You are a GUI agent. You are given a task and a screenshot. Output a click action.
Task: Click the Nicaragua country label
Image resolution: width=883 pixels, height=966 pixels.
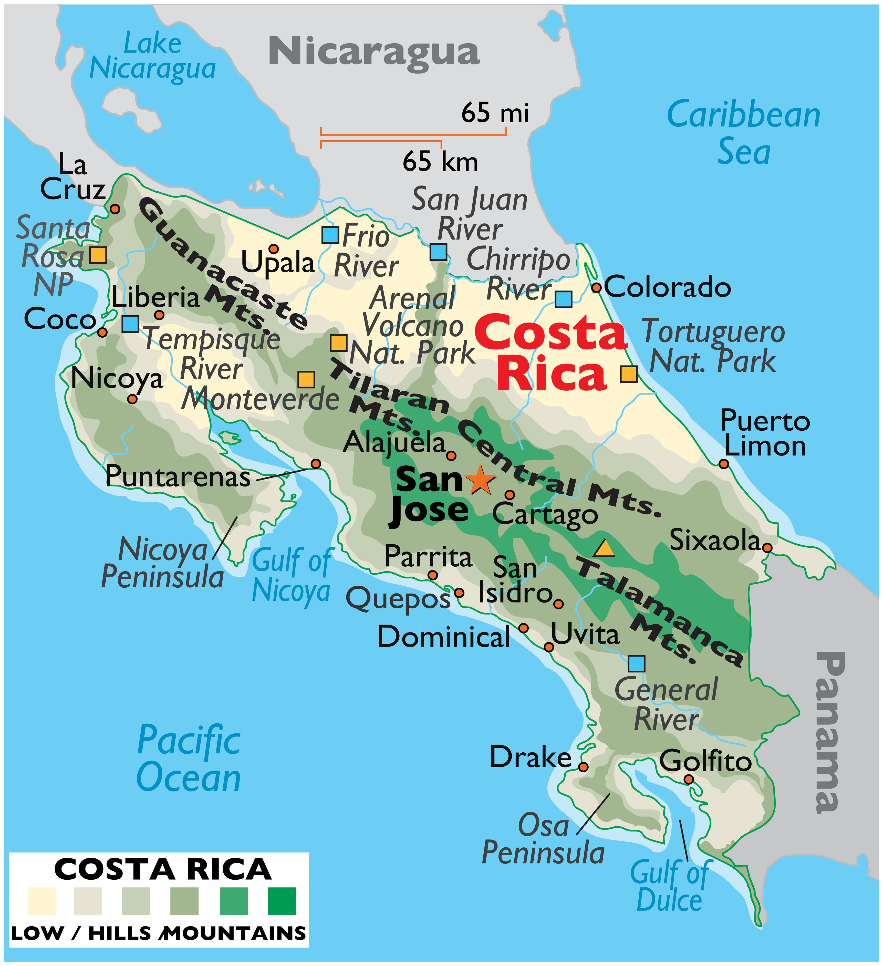pos(374,52)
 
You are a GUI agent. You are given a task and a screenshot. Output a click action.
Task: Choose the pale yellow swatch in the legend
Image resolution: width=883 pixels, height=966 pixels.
pos(42,901)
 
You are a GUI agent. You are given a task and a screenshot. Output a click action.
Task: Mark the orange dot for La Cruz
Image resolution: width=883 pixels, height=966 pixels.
pos(115,209)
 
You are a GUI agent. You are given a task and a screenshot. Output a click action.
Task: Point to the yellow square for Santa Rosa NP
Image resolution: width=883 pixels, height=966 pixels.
pos(98,255)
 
